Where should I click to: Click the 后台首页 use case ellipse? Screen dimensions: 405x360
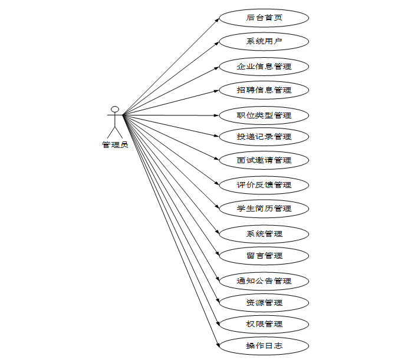(264, 18)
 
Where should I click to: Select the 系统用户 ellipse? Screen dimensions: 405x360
(264, 42)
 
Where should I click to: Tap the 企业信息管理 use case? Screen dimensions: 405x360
(264, 67)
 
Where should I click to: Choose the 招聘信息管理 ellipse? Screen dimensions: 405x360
(264, 90)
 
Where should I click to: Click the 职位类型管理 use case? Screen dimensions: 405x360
(264, 115)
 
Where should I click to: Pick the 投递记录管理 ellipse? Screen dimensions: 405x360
(264, 137)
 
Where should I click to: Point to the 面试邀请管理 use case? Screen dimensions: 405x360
(264, 160)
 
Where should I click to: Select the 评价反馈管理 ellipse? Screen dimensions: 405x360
(264, 185)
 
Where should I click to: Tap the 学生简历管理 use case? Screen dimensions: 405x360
(264, 209)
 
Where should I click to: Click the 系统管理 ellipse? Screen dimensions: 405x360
(264, 234)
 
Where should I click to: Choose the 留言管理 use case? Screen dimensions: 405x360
(264, 256)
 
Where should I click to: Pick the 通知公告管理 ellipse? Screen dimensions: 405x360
(264, 281)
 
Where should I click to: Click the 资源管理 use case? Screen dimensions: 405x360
(264, 303)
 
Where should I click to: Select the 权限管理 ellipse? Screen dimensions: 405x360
(264, 324)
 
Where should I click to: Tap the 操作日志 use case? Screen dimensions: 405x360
(264, 346)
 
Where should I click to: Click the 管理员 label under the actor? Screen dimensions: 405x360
(115, 145)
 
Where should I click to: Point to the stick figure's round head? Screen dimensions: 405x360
(115, 109)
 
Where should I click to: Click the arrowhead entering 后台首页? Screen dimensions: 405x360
(217, 19)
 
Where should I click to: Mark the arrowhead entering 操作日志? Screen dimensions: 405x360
(217, 344)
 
